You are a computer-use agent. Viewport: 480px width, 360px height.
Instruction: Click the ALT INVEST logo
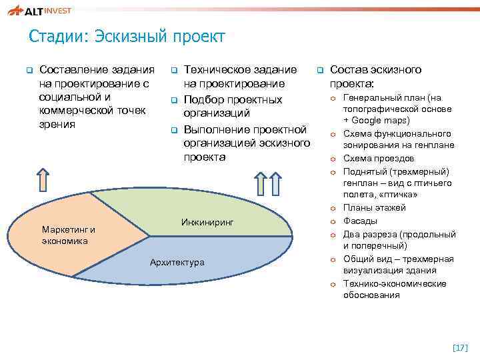point(39,11)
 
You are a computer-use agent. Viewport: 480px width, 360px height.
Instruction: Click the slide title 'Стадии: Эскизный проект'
point(127,36)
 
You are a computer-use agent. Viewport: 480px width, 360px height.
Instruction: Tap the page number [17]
point(460,347)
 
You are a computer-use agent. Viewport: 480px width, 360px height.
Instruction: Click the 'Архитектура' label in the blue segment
point(177,262)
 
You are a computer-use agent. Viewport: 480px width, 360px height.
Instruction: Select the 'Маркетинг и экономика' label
point(68,235)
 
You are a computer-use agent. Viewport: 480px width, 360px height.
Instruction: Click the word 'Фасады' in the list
point(360,221)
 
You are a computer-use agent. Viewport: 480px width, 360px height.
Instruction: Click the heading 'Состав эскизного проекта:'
point(375,77)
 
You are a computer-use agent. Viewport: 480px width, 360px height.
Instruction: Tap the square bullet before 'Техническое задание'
point(173,70)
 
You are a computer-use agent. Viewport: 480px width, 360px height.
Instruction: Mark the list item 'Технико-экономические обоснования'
point(394,289)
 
